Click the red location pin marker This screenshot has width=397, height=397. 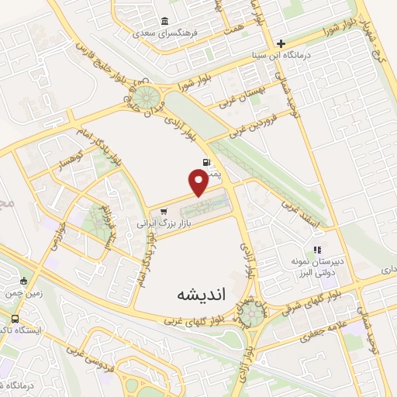(x=198, y=182)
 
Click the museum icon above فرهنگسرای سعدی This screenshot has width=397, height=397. (x=164, y=21)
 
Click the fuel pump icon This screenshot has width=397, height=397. (x=205, y=164)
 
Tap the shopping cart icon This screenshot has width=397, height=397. (x=163, y=211)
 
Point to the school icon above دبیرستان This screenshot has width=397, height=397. (x=316, y=250)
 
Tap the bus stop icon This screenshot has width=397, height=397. (x=16, y=319)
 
